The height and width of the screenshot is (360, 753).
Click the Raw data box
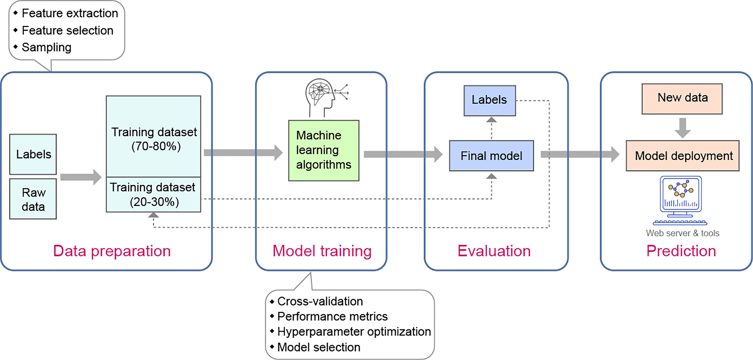33,199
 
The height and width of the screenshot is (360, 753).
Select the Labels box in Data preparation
33,154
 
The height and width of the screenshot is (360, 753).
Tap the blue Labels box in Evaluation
489,101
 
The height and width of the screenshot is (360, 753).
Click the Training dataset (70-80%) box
153,137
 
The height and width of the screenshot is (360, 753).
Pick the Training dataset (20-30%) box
153,195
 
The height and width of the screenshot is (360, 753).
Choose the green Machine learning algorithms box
323,151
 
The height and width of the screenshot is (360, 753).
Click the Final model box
491,156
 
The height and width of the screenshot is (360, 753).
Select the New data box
682,99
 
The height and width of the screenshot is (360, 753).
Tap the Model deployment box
682,156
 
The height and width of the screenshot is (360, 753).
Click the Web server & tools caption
682,233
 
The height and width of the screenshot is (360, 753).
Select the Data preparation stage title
112,251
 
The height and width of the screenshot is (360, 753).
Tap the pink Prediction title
681,251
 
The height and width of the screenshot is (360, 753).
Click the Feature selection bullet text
67,30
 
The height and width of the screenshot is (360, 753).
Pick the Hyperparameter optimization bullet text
354,331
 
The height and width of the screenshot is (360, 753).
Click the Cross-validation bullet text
320,301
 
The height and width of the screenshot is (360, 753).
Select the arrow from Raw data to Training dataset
81,177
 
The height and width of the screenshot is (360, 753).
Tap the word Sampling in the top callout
47,47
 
